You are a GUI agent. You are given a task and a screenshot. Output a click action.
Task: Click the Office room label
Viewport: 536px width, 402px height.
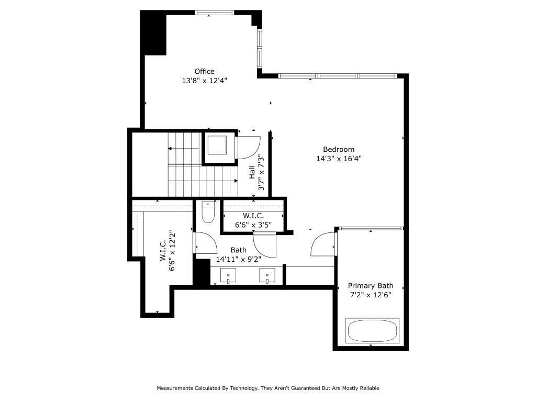(204, 71)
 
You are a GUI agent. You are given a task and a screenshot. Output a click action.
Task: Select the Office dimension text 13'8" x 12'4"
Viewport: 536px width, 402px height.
(204, 81)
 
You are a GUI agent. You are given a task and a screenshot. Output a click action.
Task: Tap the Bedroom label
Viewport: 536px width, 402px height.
(338, 149)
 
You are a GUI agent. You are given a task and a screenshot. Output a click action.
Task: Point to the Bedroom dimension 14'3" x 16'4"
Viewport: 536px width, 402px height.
(339, 159)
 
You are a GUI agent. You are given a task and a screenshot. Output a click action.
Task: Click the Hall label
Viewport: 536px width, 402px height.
(252, 173)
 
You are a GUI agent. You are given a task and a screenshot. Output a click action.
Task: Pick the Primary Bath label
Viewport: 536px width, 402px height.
(370, 286)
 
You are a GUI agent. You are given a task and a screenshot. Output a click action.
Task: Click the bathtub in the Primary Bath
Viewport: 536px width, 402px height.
(373, 330)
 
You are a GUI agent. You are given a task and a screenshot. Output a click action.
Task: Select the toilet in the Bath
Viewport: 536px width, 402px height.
(208, 213)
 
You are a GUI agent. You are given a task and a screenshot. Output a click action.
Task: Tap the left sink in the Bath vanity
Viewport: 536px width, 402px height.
(228, 275)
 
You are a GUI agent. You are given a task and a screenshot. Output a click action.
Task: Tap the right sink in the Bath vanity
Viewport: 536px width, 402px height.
(267, 275)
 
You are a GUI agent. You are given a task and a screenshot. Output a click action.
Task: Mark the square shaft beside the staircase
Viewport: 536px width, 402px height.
(217, 146)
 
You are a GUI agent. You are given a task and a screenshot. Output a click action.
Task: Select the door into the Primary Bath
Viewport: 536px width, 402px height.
(322, 245)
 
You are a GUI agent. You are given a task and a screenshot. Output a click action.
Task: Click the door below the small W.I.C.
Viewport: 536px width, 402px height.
(265, 245)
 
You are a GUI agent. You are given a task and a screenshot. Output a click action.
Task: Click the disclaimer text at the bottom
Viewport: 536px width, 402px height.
(267, 388)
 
